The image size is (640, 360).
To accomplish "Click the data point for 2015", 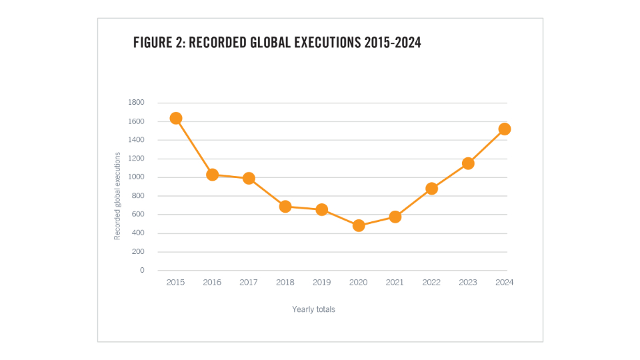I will (x=176, y=118).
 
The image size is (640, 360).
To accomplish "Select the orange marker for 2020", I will (x=359, y=225).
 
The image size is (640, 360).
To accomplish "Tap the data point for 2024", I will (x=505, y=129).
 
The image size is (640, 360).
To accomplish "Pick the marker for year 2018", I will (x=285, y=206).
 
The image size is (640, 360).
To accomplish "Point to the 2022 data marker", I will (x=431, y=188).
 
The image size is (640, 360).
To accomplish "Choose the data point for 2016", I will (x=212, y=175).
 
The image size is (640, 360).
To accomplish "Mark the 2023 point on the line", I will (x=468, y=163).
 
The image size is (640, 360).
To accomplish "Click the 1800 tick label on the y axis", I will (x=136, y=103).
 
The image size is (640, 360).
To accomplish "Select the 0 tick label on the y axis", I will (x=141, y=270).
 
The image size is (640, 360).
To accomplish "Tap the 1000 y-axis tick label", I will (x=136, y=177).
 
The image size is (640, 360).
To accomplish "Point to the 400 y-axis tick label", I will (x=137, y=233).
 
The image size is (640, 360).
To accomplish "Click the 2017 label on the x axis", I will (x=249, y=282).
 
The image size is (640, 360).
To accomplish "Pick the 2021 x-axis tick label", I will (x=395, y=282).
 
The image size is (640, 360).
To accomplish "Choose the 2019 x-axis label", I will (x=322, y=282).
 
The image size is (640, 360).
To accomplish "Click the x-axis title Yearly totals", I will (x=313, y=309).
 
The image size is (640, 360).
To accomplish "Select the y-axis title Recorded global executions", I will (x=117, y=196).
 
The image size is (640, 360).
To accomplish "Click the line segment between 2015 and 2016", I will (x=194, y=147).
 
